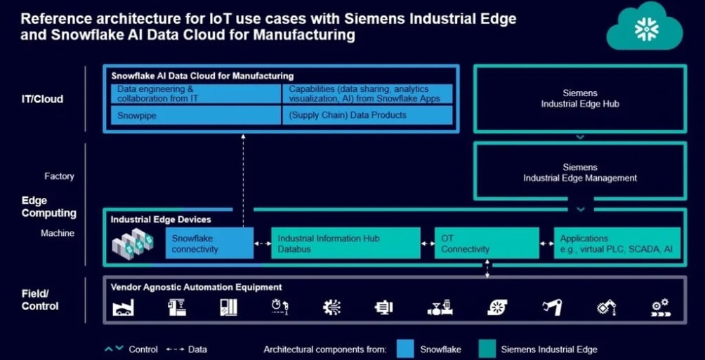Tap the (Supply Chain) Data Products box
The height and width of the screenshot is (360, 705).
pos(367,115)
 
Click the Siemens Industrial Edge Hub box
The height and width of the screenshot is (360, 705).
pos(579,98)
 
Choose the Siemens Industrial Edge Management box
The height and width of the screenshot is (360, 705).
pos(579,173)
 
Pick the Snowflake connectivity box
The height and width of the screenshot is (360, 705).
pos(209,244)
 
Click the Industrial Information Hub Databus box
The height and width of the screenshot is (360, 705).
pos(345,244)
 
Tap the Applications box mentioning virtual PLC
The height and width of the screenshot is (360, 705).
pos(617,244)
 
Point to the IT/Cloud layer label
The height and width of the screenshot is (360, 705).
pos(42,99)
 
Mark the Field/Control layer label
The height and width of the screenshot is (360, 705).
pos(40,300)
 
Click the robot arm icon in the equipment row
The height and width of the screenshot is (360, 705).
pos(553,307)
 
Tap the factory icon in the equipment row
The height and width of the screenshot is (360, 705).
pos(124,307)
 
